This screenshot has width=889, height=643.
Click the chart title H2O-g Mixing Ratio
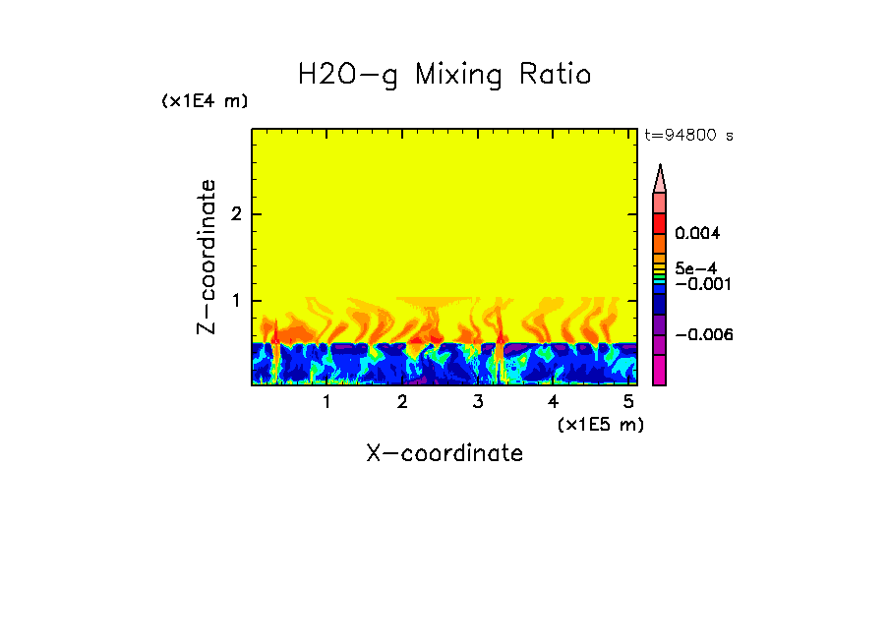tap(444, 75)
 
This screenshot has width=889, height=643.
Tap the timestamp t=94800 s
tap(688, 136)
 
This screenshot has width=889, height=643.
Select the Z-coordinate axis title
tap(207, 257)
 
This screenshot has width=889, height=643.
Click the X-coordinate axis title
tap(444, 453)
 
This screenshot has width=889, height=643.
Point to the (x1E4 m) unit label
tap(205, 101)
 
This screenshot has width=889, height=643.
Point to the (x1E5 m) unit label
tap(600, 424)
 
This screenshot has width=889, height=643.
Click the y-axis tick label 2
tap(233, 214)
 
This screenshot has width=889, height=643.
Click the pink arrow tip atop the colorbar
tap(660, 178)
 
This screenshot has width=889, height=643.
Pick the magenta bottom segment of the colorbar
tap(660, 370)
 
